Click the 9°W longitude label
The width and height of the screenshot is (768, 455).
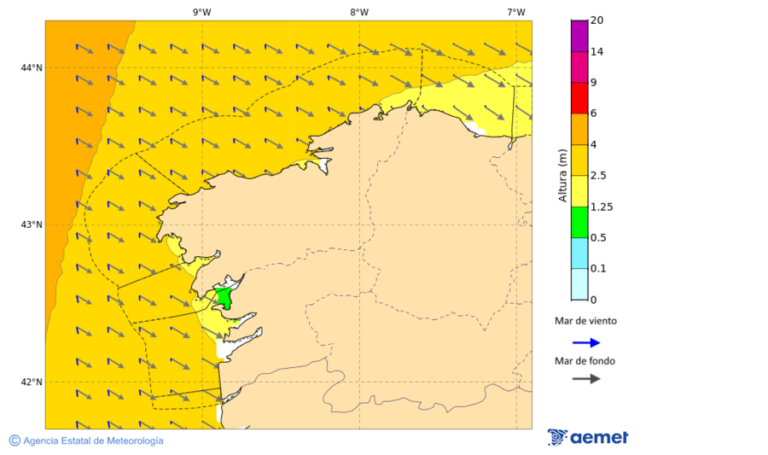click(202, 12)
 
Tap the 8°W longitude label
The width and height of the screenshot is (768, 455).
click(359, 12)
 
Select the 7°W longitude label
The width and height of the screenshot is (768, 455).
click(515, 12)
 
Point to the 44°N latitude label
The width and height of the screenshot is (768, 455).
click(32, 67)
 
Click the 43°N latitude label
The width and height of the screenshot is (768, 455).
click(32, 225)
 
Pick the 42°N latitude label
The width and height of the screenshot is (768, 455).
click(32, 382)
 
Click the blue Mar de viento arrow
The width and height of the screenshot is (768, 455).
click(586, 342)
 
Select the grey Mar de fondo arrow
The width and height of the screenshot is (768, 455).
click(586, 379)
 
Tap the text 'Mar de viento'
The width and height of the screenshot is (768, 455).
click(585, 321)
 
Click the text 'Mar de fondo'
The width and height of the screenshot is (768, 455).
click(585, 360)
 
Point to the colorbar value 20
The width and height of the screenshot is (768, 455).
click(597, 20)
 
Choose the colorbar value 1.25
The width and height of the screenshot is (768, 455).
click(602, 207)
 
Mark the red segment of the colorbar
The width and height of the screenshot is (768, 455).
click(579, 97)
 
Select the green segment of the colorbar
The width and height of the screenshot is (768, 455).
click(579, 222)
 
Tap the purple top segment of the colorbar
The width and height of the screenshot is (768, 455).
click(579, 35)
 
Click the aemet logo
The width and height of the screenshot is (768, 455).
click(588, 437)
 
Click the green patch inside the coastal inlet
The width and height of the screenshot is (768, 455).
click(224, 298)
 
